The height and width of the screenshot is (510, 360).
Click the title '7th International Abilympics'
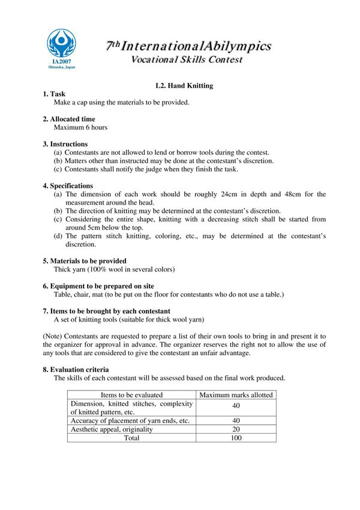coord(188,46)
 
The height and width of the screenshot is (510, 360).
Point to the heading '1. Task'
coord(54,94)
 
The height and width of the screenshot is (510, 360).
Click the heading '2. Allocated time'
coord(69,119)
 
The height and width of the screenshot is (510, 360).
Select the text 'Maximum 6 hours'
coord(80,127)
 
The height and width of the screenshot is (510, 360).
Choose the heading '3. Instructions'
coord(65,144)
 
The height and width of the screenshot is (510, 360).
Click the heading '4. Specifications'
coord(68,186)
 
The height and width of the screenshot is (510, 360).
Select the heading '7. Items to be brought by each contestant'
coord(106,311)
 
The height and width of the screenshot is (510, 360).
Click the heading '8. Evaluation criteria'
coord(76,370)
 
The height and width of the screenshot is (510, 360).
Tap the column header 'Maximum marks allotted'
coord(236,395)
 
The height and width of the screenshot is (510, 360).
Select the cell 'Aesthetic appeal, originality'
coord(112,430)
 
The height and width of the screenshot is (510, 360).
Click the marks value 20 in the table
coord(236,430)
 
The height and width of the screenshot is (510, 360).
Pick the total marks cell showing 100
coord(236,438)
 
